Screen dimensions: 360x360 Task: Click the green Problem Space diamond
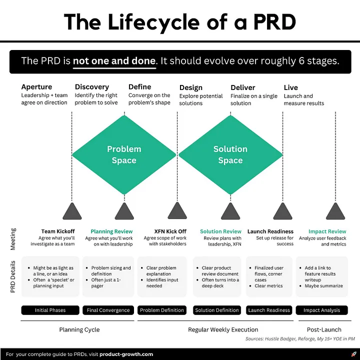(x=124, y=154)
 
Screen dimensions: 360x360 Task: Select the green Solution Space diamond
(x=230, y=154)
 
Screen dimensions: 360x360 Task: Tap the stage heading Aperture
(x=36, y=87)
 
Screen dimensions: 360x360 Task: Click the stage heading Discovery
(x=92, y=87)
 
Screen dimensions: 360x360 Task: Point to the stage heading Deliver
(x=242, y=87)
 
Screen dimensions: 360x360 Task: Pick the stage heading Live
(x=290, y=87)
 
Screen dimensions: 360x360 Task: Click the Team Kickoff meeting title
(x=58, y=231)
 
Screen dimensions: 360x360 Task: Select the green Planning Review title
(x=111, y=231)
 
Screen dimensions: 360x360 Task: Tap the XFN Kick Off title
(x=170, y=231)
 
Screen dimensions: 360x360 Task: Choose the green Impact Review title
(x=327, y=231)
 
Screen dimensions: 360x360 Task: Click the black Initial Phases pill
(x=50, y=310)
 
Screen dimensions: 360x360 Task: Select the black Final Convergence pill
(x=108, y=310)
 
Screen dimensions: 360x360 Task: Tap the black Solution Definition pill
(x=217, y=310)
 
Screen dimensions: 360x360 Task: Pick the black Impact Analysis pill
(x=321, y=310)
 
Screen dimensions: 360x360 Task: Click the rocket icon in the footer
(x=354, y=354)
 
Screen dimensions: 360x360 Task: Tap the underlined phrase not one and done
(x=114, y=61)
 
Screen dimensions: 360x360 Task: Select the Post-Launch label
(x=324, y=329)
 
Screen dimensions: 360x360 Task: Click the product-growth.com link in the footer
(x=126, y=354)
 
